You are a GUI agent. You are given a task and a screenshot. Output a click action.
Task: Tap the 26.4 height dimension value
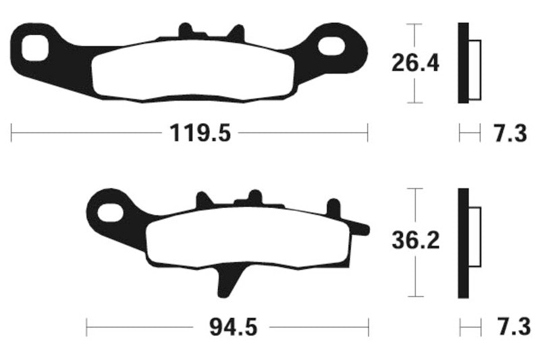[415, 64]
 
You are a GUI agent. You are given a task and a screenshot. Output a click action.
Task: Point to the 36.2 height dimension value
[415, 241]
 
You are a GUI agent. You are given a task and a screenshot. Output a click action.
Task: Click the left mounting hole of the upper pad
[34, 48]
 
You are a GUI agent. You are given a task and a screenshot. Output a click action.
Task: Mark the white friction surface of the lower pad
[246, 239]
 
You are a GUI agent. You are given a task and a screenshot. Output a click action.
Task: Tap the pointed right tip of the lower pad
[364, 230]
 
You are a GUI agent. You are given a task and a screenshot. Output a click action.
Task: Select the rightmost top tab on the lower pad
[333, 207]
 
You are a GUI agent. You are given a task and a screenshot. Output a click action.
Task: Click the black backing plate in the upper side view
[462, 63]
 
